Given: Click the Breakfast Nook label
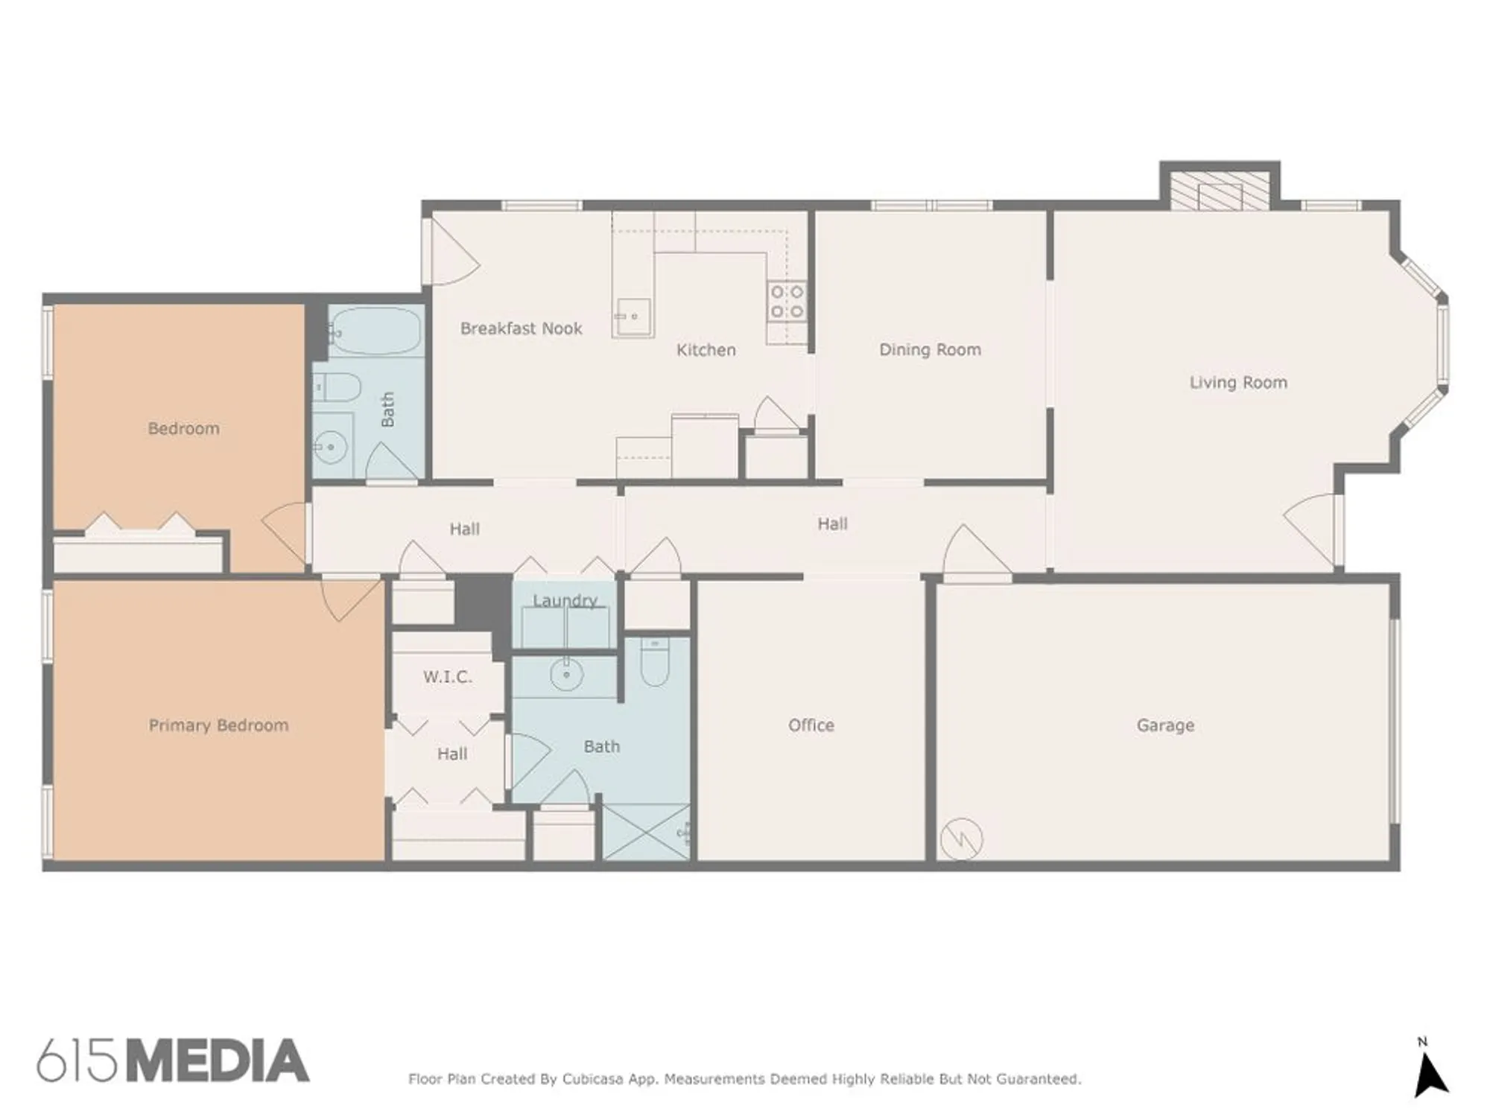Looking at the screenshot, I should (521, 328).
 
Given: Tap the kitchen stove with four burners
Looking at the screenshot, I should (787, 301).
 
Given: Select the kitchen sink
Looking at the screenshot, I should (633, 317).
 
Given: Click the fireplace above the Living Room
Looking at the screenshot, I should (1220, 192).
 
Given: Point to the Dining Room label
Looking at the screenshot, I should (930, 349).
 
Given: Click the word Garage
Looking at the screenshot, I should (1165, 725).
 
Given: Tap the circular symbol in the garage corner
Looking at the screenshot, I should (961, 839).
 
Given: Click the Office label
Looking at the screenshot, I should (811, 725).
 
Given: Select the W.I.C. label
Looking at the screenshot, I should (447, 677).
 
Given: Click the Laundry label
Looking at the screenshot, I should (565, 600).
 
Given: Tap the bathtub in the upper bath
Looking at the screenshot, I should (375, 331).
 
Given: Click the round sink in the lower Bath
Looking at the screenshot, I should (566, 675).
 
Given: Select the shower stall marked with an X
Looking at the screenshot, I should (646, 833).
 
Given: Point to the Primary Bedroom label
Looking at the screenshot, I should (218, 725).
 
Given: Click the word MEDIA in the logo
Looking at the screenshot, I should (217, 1061).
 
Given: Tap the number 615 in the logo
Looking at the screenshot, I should (77, 1061).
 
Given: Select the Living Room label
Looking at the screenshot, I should (1237, 383).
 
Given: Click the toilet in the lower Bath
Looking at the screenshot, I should (655, 664).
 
